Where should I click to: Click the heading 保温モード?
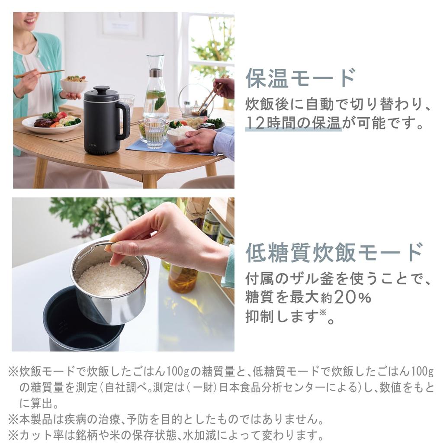tap(300, 78)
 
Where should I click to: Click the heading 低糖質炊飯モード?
tap(334, 253)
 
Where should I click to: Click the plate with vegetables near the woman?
tap(52, 123)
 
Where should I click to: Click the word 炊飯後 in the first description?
tap(266, 104)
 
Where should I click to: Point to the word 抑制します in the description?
tap(282, 317)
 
